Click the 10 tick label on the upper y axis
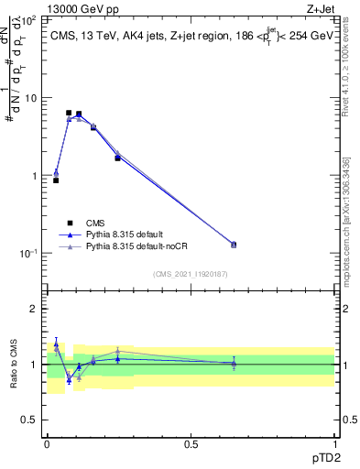30,97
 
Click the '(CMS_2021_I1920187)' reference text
190,273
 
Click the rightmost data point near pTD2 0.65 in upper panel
234,245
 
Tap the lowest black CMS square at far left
56,180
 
